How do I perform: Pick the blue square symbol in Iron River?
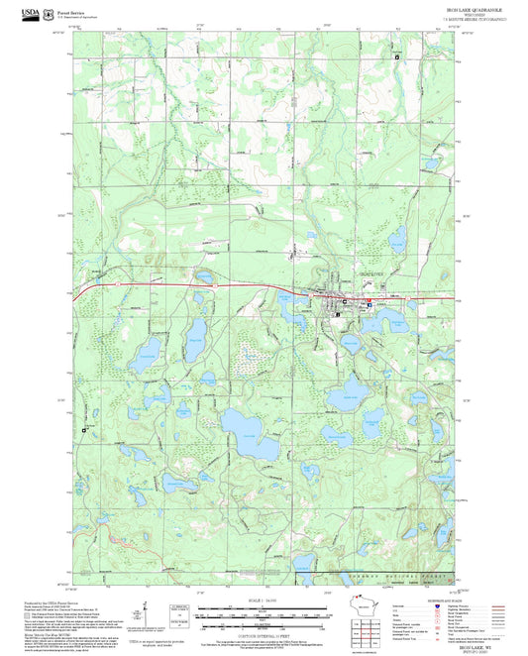(x=370, y=305)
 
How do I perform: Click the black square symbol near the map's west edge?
(x=84, y=429)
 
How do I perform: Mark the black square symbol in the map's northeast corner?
(x=397, y=57)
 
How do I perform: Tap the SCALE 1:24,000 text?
(x=264, y=601)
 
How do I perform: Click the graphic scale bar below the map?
(x=264, y=612)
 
